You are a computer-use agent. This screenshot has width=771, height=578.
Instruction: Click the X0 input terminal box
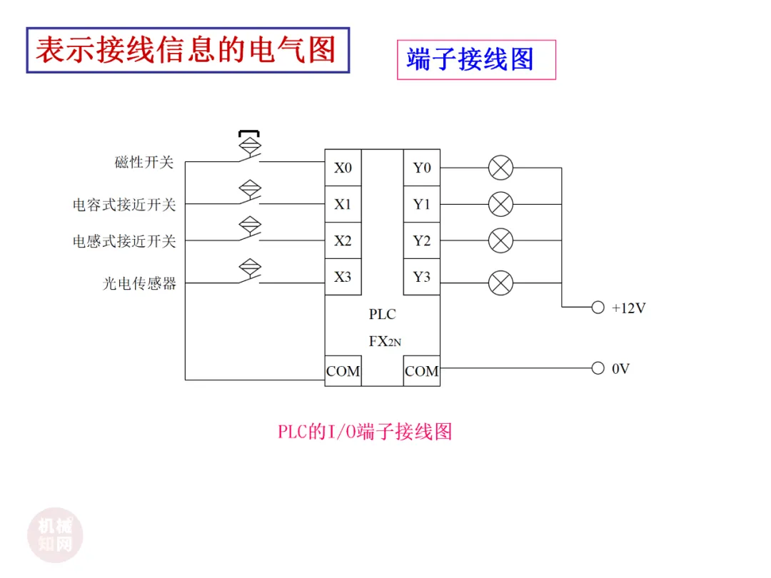[x=343, y=168]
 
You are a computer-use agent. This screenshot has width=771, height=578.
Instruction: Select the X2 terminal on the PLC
[x=343, y=240]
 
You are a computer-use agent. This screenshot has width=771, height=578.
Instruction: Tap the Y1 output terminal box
[x=422, y=204]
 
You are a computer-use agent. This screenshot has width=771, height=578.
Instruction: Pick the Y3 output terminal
[x=422, y=277]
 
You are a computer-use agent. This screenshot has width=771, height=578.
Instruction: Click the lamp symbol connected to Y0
[x=500, y=168]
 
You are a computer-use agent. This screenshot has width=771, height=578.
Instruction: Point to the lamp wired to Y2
[x=500, y=240]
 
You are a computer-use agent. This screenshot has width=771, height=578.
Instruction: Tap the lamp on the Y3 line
[x=500, y=283]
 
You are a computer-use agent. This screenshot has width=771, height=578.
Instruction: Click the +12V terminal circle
[x=598, y=308]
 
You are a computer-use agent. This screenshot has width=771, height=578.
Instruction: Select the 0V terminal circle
[x=598, y=368]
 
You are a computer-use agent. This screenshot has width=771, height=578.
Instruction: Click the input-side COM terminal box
[x=343, y=371]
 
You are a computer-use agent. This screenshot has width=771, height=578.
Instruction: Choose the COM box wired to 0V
[x=422, y=371]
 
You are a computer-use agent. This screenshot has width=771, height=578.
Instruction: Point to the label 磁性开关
[x=144, y=162]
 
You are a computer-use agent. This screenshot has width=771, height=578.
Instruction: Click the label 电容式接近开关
[x=124, y=205]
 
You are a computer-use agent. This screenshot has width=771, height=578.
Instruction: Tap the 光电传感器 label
[x=139, y=283]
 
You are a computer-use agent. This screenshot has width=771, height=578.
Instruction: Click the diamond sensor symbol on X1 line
[x=250, y=189]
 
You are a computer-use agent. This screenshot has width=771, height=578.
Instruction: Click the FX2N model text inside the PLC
[x=385, y=341]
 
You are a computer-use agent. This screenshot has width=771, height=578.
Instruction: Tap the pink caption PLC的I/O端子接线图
[x=365, y=432]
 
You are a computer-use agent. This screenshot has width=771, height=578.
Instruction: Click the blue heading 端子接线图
[x=470, y=59]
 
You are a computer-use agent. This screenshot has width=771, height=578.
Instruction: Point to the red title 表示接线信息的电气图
[x=186, y=50]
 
